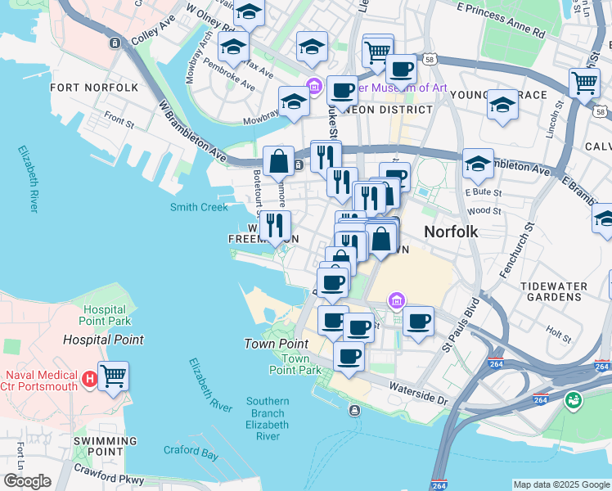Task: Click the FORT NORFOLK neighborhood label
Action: (94, 88)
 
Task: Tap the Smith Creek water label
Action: (199, 207)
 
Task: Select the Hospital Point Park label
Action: (106, 315)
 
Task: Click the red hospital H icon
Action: (89, 379)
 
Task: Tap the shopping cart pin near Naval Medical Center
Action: (113, 376)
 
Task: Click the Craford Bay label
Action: (191, 450)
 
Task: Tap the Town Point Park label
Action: (295, 364)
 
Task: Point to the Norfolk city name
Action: (451, 232)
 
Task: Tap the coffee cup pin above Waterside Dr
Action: (349, 357)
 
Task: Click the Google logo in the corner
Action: (27, 482)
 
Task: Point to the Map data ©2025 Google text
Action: (561, 484)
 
